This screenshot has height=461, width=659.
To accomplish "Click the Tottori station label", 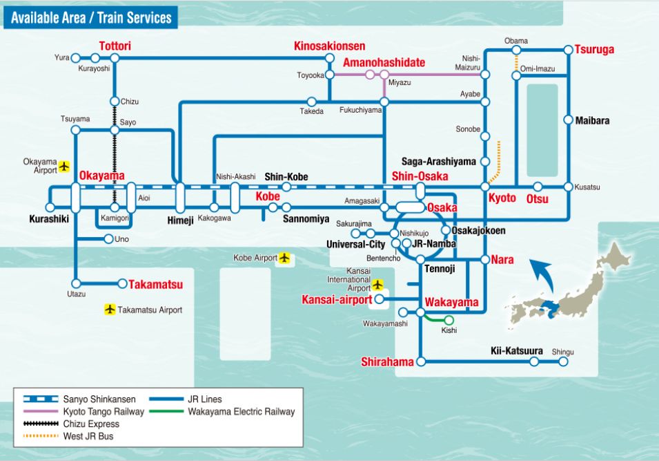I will [115, 46].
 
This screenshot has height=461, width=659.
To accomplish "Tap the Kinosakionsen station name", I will [329, 46].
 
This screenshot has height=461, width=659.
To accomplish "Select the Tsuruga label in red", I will [594, 50].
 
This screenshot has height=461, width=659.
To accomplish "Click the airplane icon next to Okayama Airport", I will [65, 166].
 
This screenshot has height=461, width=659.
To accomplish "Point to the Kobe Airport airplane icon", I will [284, 258].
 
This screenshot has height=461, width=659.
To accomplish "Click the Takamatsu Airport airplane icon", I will [110, 310].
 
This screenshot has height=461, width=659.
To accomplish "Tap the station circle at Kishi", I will [449, 320].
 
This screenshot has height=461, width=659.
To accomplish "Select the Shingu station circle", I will [563, 361].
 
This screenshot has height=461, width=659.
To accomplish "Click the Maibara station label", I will [593, 121].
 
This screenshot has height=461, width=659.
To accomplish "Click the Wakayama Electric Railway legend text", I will [241, 411].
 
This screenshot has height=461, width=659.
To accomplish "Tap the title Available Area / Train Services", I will [91, 17].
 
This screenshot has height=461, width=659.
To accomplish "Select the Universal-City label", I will [355, 245].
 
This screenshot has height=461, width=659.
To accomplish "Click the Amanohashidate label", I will [380, 62].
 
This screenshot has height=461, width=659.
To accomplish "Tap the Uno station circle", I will [108, 239].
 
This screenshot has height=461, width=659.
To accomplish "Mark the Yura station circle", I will [76, 58].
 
